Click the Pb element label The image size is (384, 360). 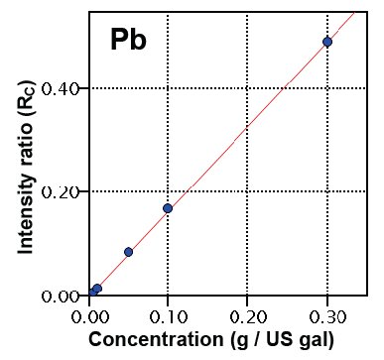point(128,42)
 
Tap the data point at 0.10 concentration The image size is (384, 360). point(168,208)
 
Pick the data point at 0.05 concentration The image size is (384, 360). point(128,252)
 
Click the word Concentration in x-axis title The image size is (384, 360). point(164,339)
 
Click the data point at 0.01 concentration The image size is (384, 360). point(97,289)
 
